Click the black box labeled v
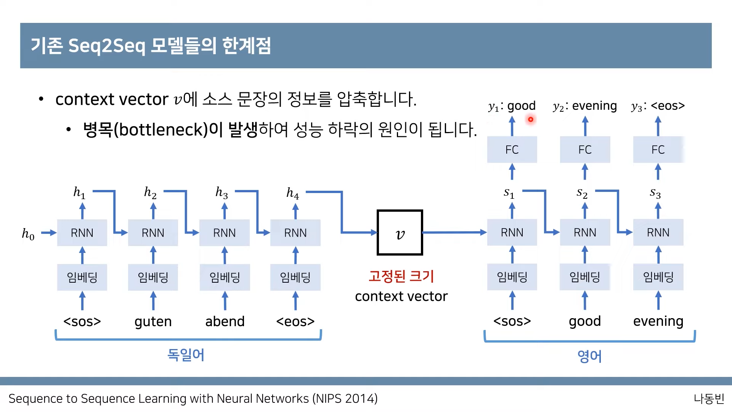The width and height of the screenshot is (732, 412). tap(400, 232)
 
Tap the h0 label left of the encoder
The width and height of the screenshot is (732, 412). tap(28, 233)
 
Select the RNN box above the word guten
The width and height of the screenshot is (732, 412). tap(153, 233)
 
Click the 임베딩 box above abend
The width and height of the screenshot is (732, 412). tap(225, 277)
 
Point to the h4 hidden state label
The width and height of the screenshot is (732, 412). tap(292, 193)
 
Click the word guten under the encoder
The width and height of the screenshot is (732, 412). tap(153, 322)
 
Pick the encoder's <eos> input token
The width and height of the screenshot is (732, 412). tap(295, 322)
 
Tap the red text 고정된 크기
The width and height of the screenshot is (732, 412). tap(401, 276)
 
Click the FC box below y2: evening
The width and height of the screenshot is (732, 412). tap(585, 150)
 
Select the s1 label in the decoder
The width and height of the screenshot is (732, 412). tap(509, 193)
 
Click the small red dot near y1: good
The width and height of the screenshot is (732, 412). tap(530, 119)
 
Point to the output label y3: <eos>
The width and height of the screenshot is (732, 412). tap(658, 106)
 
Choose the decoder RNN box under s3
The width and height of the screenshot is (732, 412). tap(658, 232)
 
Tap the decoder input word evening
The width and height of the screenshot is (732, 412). tap(658, 321)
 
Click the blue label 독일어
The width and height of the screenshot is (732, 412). tap(186, 355)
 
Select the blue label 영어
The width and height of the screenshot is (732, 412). tap(589, 356)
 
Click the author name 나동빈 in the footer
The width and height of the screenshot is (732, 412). tap(709, 399)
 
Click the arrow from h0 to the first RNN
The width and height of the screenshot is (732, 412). tap(48, 233)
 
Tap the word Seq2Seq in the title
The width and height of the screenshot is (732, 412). tap(107, 46)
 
